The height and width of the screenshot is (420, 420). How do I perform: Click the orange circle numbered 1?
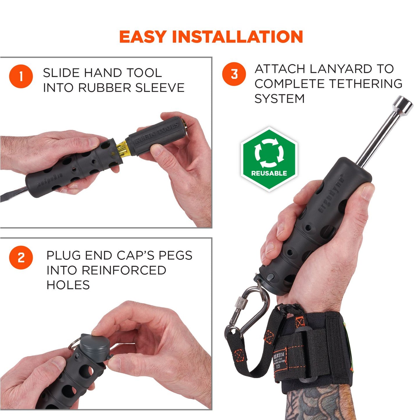pos(21,77)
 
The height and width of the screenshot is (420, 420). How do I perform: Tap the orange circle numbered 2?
pos(21,258)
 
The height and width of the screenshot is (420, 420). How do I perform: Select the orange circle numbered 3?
pos(234,74)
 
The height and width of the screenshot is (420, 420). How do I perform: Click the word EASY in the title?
pos(142,37)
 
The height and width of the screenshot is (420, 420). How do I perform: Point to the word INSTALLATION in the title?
pos(237,37)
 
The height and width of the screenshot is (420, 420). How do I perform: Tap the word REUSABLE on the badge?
pos(269,173)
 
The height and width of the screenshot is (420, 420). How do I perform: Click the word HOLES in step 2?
pos(68,285)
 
